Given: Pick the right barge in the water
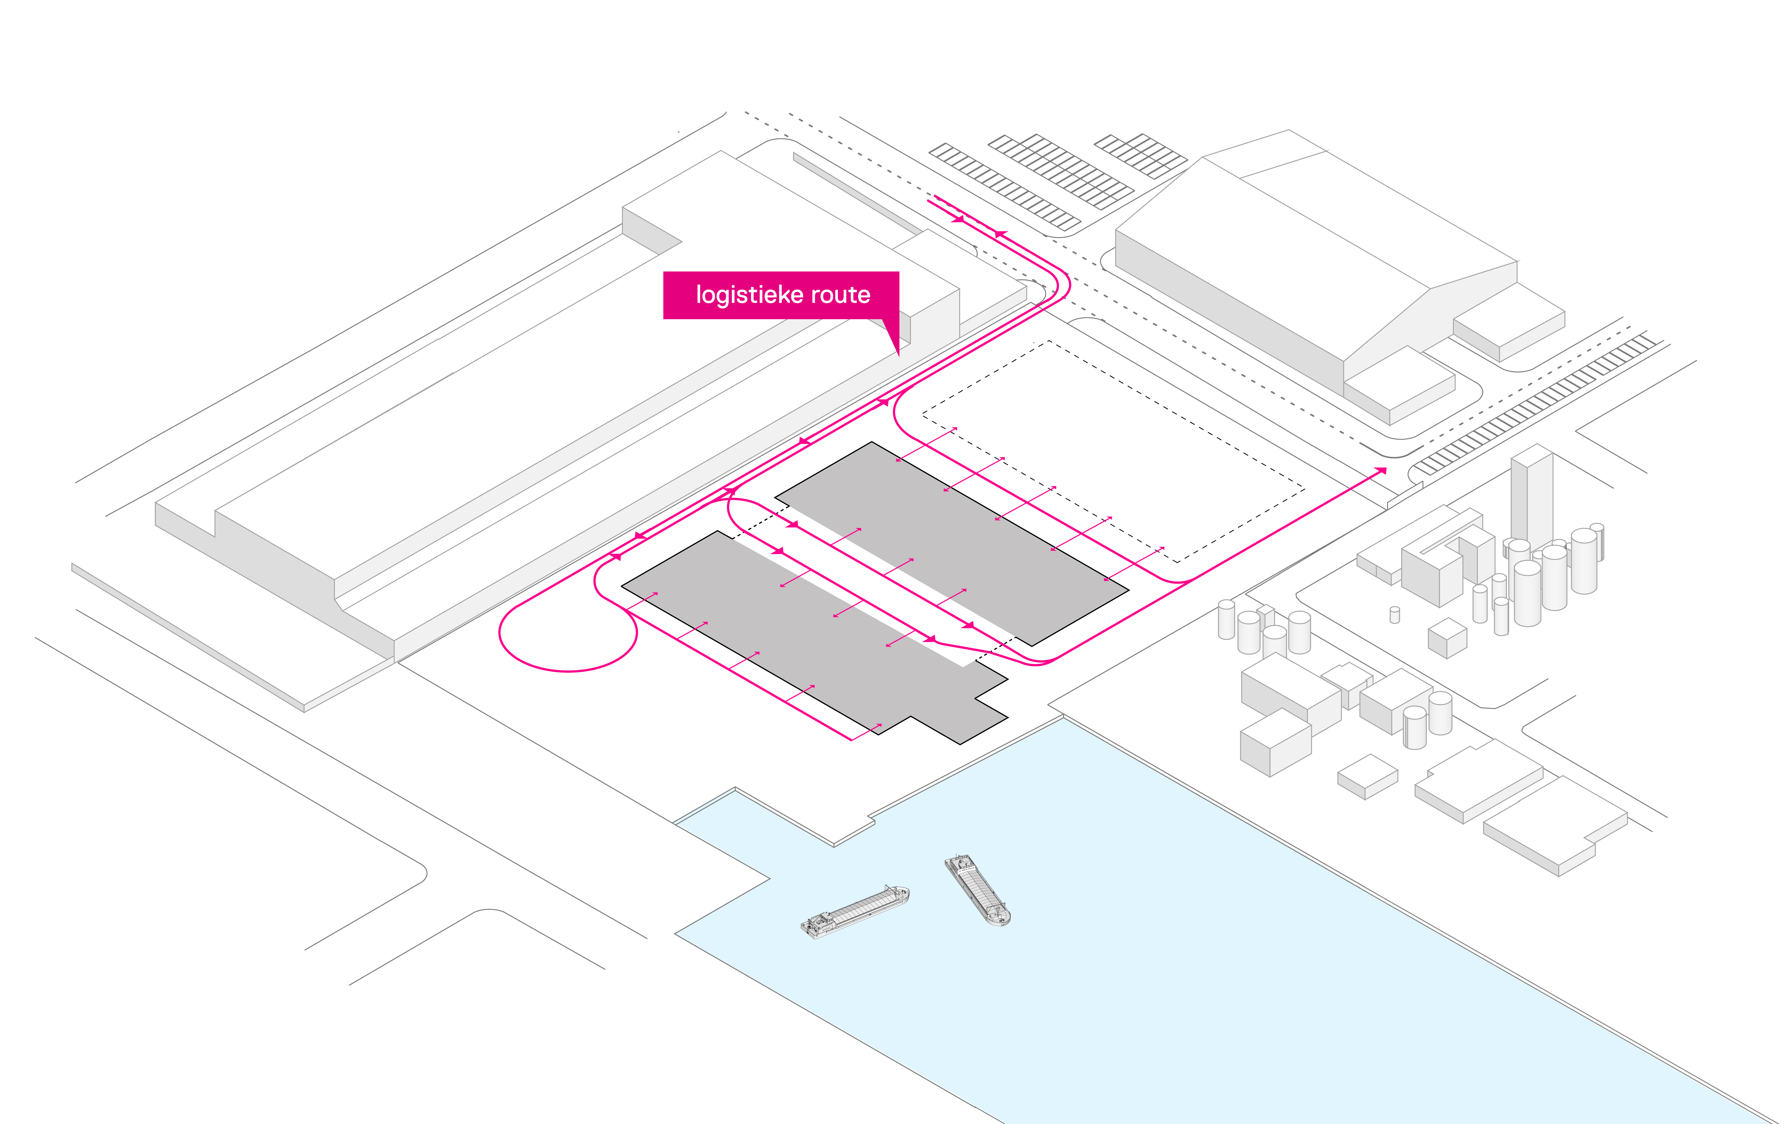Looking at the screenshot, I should (x=977, y=889).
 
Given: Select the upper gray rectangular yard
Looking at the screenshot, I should (x=950, y=542).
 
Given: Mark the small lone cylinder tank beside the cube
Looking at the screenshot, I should (x=1394, y=615).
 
